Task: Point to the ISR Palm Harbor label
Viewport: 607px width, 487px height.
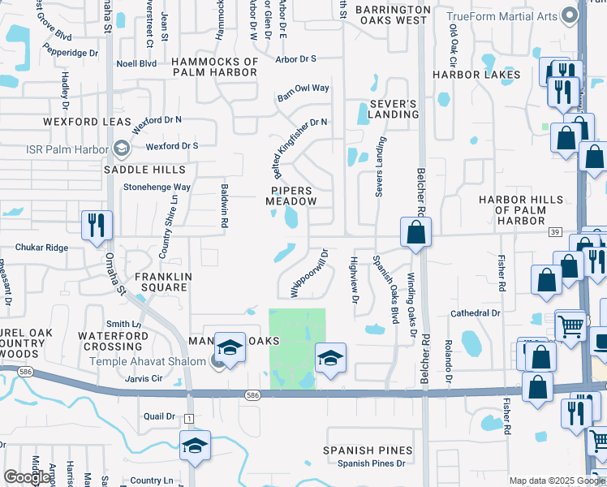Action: (x=67, y=149)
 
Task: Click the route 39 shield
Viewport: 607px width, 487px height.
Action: (x=555, y=232)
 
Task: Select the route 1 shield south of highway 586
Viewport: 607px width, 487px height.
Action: (x=190, y=417)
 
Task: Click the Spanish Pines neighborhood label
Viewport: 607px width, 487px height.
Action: (x=368, y=450)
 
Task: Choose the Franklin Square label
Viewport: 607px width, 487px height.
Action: (x=163, y=282)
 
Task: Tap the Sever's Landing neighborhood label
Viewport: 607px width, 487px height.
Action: (x=394, y=109)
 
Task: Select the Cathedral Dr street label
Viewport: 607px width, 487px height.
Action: (x=476, y=312)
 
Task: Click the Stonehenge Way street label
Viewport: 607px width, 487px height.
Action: (x=157, y=187)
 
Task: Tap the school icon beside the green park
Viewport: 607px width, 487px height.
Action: (x=330, y=357)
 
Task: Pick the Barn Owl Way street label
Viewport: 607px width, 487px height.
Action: (x=303, y=88)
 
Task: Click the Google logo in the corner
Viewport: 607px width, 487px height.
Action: (x=27, y=477)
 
